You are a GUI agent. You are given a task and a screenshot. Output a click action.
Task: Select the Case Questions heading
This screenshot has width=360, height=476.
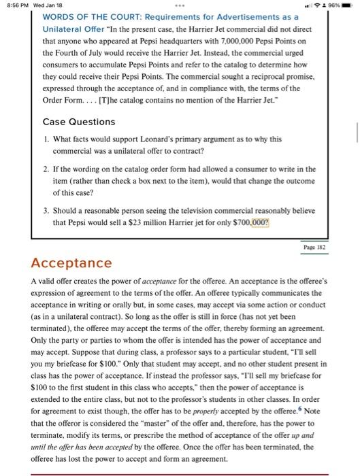pos(78,122)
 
